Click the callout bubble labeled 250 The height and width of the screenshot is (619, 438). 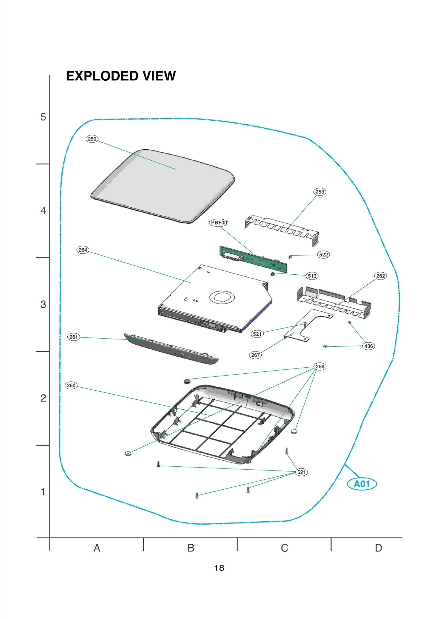(92, 139)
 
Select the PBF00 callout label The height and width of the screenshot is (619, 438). (219, 223)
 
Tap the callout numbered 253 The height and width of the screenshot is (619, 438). (320, 192)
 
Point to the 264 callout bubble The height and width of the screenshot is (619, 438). (83, 250)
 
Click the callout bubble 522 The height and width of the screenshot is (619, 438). (324, 255)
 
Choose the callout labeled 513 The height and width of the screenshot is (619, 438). (312, 276)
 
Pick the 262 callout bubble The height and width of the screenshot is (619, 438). (381, 276)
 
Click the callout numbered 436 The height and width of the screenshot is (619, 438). (368, 346)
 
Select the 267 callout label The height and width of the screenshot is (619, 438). (255, 355)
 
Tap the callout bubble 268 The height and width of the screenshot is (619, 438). (320, 367)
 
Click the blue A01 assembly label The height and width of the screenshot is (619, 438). (362, 484)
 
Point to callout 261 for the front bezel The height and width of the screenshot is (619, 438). (74, 337)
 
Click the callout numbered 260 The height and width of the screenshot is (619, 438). (71, 385)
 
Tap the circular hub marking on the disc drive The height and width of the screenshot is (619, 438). (222, 297)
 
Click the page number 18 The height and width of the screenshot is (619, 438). (219, 568)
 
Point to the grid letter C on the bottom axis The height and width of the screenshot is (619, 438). (284, 548)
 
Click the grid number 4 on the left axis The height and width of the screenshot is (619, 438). (43, 211)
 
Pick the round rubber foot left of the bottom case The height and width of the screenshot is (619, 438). (128, 453)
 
